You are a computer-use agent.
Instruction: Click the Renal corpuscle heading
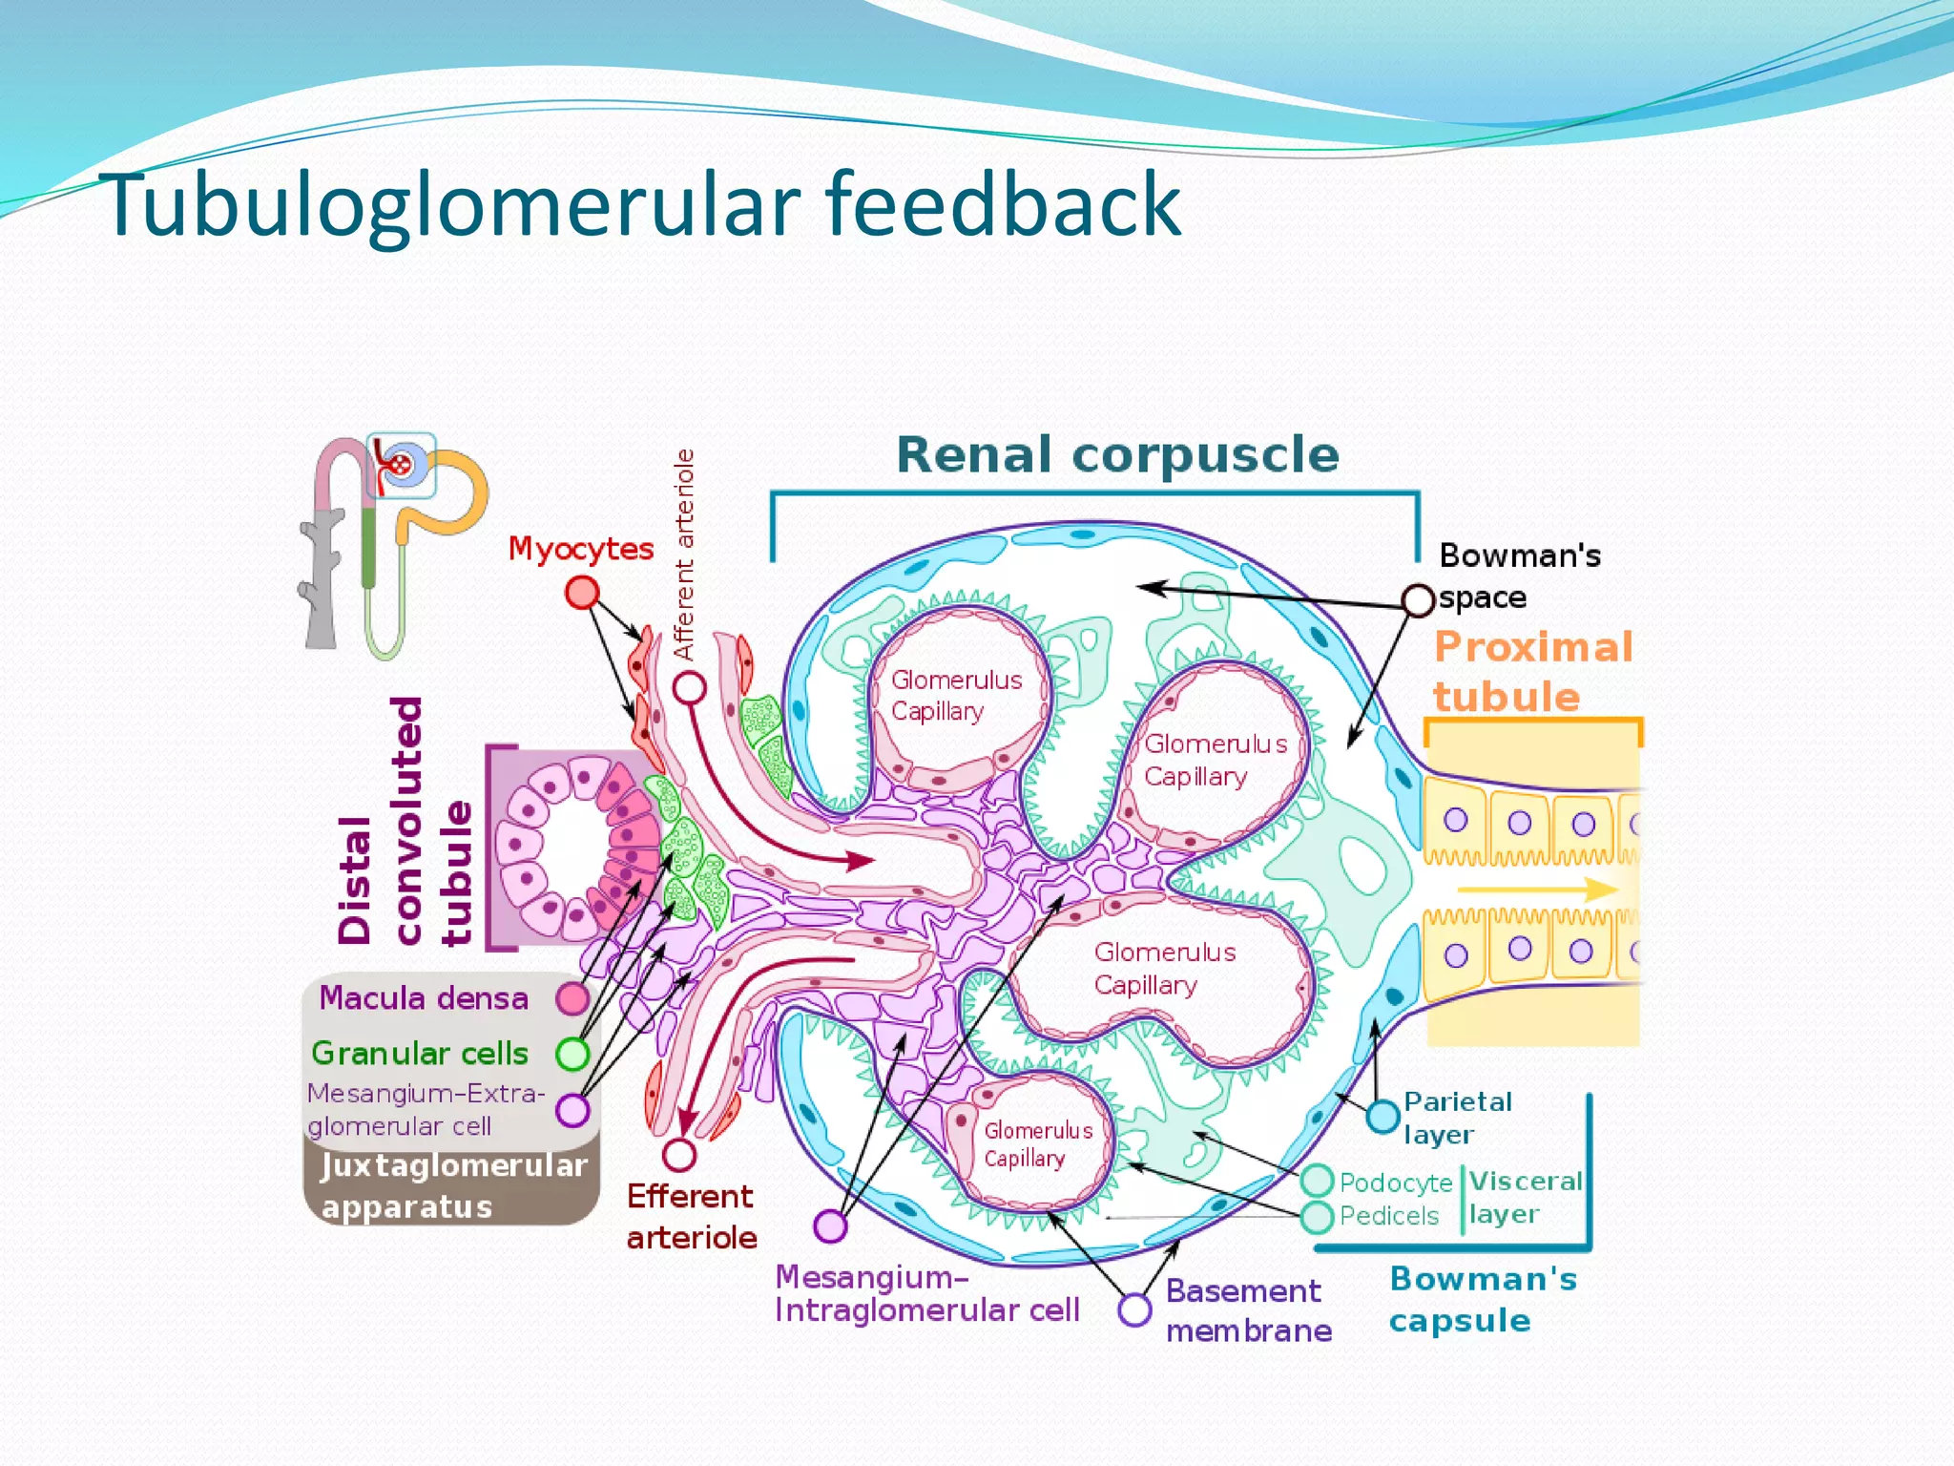point(1117,454)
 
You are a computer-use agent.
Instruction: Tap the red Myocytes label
point(580,549)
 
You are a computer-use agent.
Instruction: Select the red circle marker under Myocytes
point(582,593)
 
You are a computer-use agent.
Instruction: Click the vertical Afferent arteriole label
point(684,554)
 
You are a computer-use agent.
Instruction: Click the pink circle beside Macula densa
point(572,998)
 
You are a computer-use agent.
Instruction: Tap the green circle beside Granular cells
point(572,1054)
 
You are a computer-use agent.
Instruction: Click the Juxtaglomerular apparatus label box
point(452,1185)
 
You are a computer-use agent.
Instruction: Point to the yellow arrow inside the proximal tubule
point(1536,890)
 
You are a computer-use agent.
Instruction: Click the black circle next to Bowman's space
point(1419,600)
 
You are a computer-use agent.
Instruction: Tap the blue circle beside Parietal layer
point(1382,1116)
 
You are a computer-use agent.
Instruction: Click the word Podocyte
point(1395,1183)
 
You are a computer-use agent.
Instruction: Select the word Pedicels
point(1388,1216)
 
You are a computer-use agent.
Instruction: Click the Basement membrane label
point(1247,1310)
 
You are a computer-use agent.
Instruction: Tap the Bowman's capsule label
point(1482,1299)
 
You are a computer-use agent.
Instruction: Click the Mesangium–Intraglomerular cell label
point(925,1293)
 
